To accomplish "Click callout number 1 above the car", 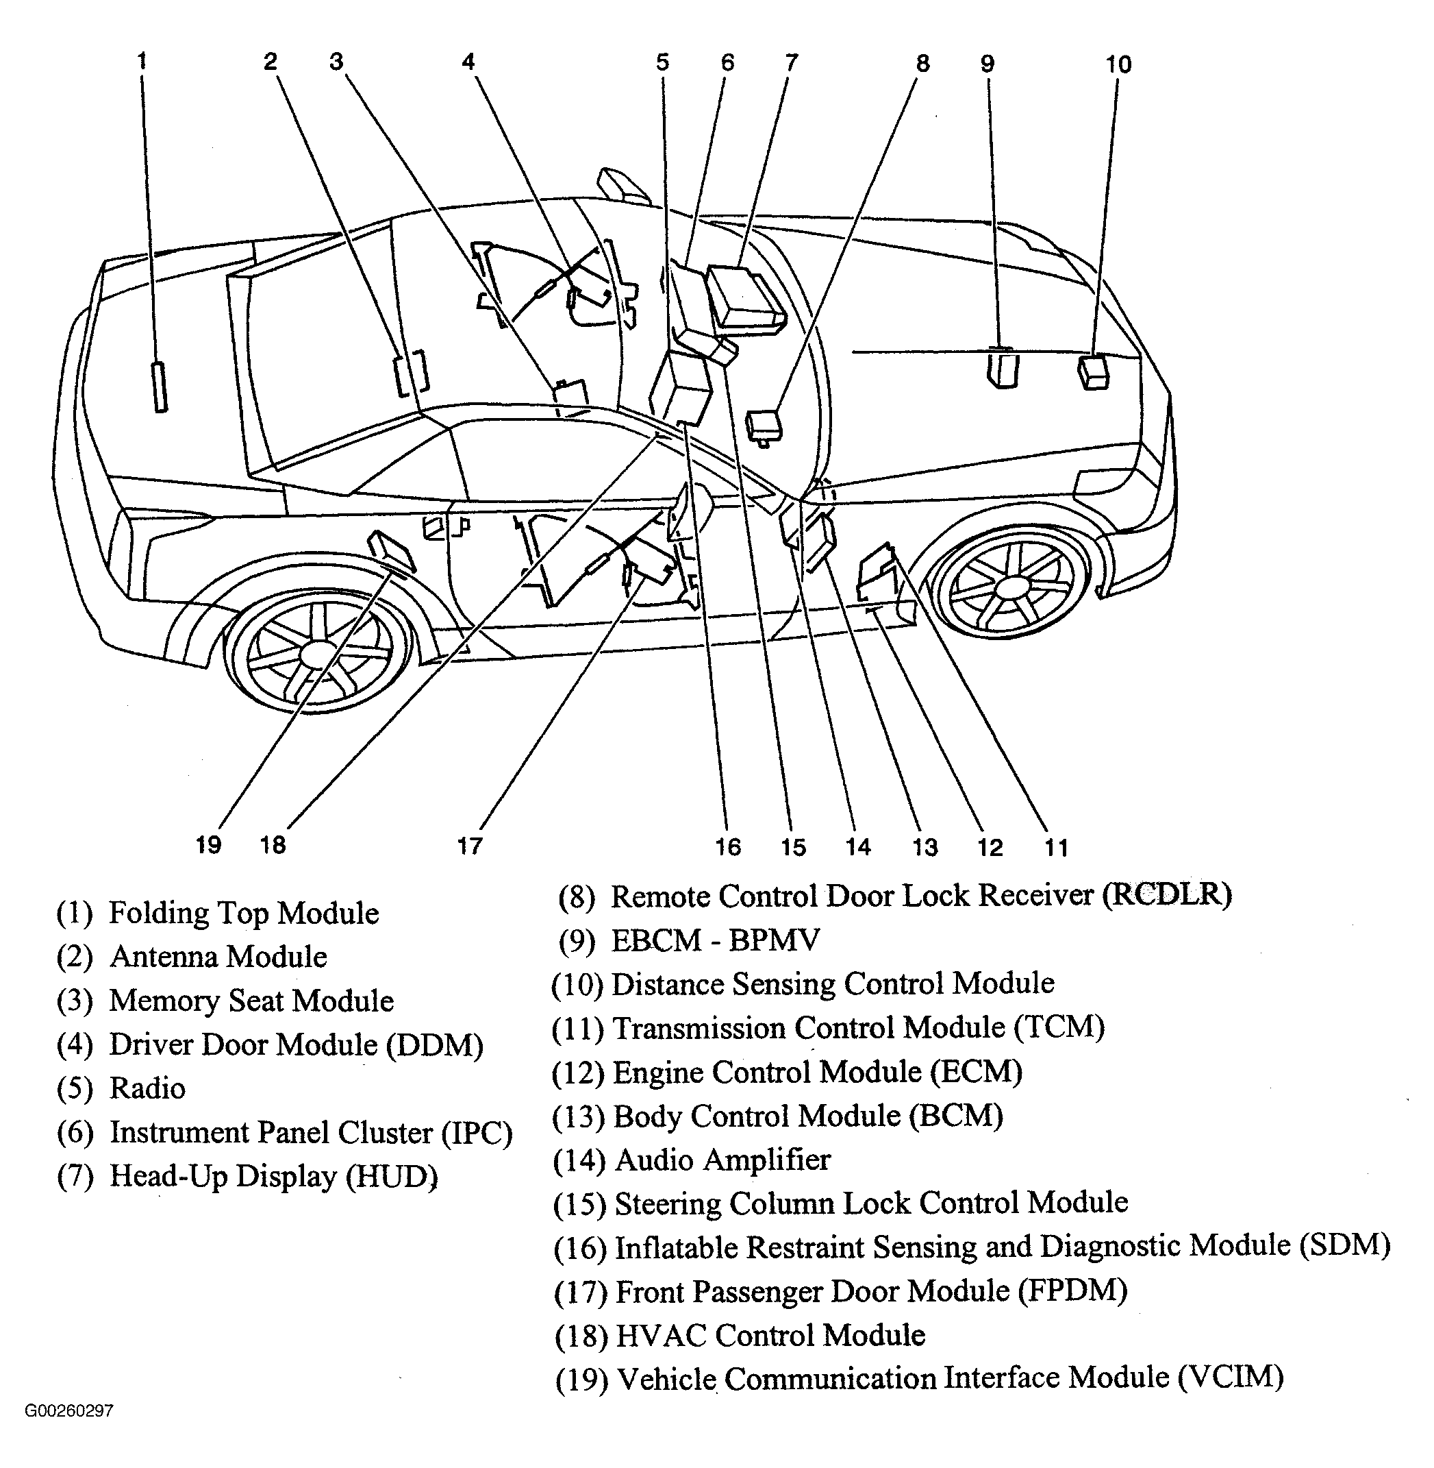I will (x=142, y=61).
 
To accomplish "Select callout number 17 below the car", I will (x=470, y=846).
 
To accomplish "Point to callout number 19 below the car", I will (x=209, y=845).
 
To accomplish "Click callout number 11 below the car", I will (x=1056, y=848).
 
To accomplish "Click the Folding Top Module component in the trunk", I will (x=159, y=387).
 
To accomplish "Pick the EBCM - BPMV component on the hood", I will (x=1002, y=369).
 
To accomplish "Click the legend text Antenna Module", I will (x=218, y=957).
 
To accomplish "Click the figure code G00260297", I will (x=69, y=1410).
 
